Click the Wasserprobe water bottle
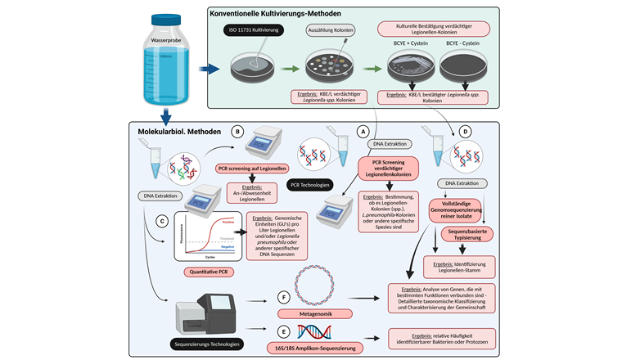(169, 64)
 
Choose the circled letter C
(164, 219)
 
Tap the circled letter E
(282, 332)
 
